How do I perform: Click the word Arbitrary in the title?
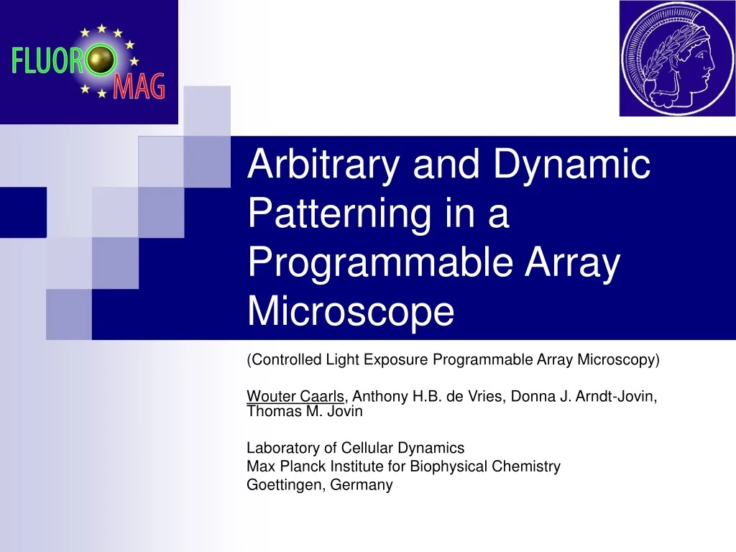coord(322,165)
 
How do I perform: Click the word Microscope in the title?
coord(351,311)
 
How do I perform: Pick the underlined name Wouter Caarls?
coord(295,396)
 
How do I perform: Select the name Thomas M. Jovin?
coord(305,412)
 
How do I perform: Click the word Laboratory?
coord(282,448)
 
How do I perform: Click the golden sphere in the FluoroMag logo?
coord(101,61)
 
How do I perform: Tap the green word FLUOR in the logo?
coord(47,60)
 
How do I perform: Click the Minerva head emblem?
coord(677,58)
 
